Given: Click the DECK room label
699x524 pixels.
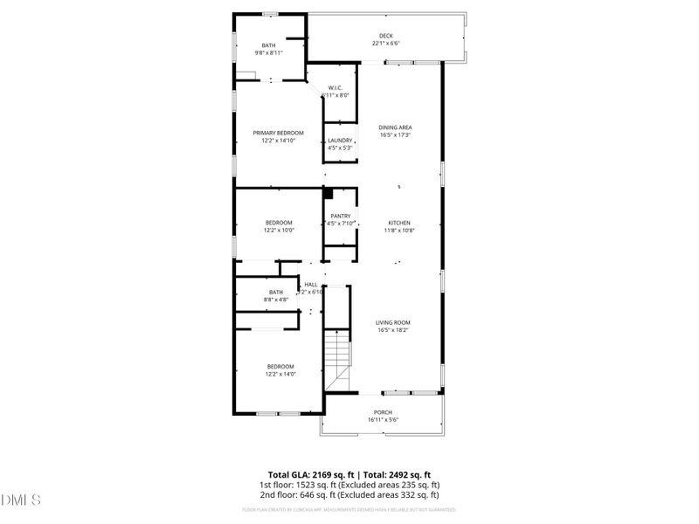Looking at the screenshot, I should [x=386, y=36].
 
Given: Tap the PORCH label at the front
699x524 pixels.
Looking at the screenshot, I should [x=383, y=412].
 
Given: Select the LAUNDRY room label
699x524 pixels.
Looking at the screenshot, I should [x=340, y=141].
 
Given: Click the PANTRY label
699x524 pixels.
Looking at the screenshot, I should [x=341, y=216].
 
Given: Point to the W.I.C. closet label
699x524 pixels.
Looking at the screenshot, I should [x=339, y=88].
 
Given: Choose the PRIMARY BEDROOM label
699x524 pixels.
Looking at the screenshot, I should [x=279, y=133].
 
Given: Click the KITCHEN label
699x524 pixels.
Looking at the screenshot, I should [x=398, y=223].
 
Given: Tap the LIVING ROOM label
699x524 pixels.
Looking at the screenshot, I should [x=393, y=322].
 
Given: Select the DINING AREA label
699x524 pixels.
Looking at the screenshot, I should [x=395, y=128].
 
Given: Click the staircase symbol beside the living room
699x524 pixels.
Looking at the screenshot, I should [x=336, y=361].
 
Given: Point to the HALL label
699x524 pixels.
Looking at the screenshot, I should [x=311, y=285].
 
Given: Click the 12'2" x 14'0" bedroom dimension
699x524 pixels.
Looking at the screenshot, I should [x=280, y=374].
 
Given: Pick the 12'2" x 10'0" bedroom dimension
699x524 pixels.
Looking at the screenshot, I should [x=280, y=231].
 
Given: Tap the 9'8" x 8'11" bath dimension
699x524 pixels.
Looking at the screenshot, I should [x=269, y=53].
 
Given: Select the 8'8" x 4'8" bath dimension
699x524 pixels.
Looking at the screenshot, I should [x=276, y=300].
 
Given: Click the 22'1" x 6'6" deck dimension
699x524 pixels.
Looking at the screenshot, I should [x=386, y=43].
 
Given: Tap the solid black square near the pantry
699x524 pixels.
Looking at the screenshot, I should [x=329, y=195].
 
